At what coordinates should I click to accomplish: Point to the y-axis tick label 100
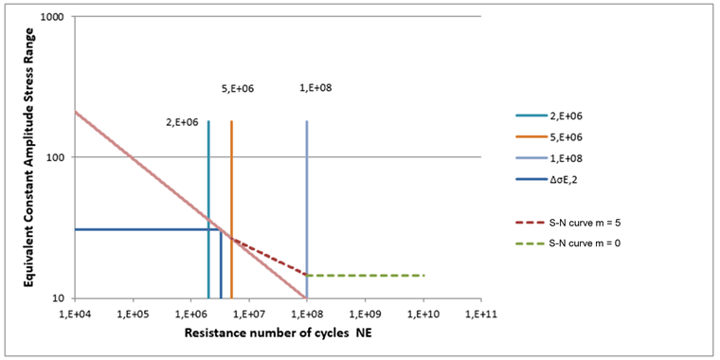pyautogui.click(x=55, y=157)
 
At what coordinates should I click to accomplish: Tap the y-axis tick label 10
pyautogui.click(x=58, y=297)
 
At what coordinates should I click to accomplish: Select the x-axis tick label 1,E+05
pyautogui.click(x=133, y=312)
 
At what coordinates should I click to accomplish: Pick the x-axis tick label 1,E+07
pyautogui.click(x=248, y=312)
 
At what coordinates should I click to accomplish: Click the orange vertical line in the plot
pyautogui.click(x=232, y=189)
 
